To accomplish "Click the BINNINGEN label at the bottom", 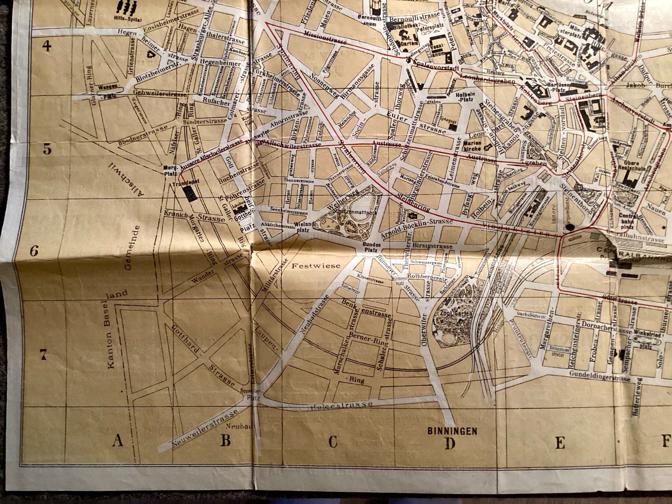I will [452, 431].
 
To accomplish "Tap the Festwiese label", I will [316, 266].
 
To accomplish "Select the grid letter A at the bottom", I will [118, 441].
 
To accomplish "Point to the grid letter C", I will [333, 442].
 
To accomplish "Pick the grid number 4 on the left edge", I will [46, 46].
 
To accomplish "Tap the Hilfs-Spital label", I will [126, 18].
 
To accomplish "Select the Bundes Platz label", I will [371, 247].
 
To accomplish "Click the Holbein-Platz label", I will [465, 97].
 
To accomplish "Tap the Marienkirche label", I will [471, 146].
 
